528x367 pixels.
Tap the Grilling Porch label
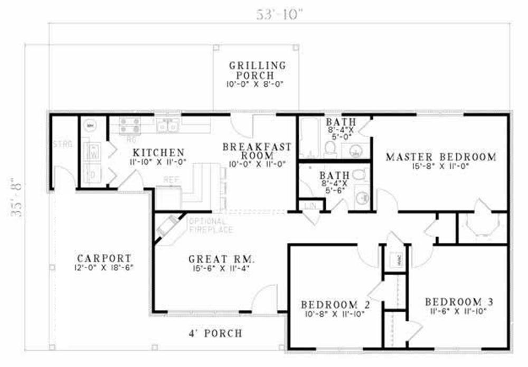[x=257, y=70]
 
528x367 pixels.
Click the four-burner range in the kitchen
[x=130, y=126]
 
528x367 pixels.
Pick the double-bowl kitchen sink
[x=168, y=126]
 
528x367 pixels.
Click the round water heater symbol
[x=90, y=126]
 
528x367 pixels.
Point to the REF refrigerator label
[x=170, y=180]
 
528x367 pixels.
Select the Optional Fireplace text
[x=207, y=225]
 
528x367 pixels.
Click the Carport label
[x=103, y=258]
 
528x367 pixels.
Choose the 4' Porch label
[x=215, y=333]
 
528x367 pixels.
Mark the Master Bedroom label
[x=440, y=156]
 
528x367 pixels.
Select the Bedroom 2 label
[x=335, y=305]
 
